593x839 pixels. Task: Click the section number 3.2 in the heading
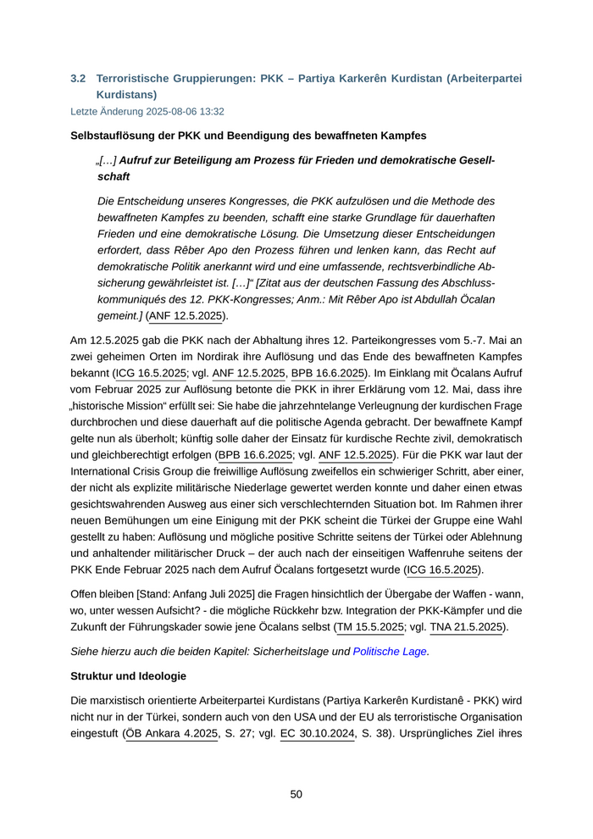coord(78,78)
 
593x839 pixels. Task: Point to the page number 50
coord(296,794)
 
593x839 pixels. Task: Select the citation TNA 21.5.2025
coord(467,627)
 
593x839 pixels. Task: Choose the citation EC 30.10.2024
coord(318,734)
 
